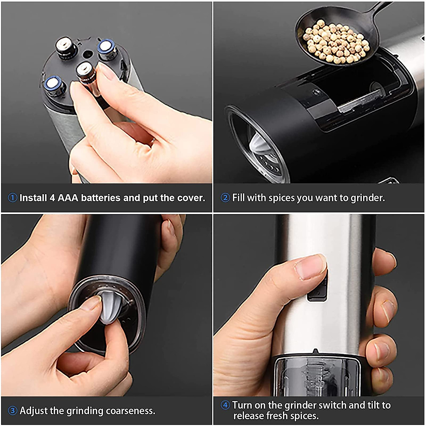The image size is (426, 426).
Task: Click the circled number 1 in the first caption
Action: click(x=12, y=198)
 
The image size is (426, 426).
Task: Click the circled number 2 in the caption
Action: click(x=225, y=198)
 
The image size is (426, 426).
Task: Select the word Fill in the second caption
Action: click(x=239, y=198)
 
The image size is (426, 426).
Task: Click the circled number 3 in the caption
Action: click(x=12, y=411)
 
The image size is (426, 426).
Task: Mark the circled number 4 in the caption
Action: click(x=225, y=405)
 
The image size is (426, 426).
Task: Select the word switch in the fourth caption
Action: click(x=333, y=405)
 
